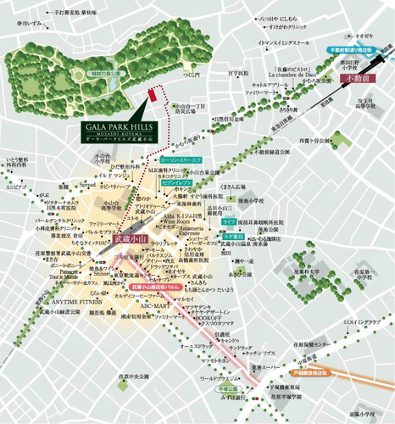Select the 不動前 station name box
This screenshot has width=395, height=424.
click(x=359, y=79)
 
